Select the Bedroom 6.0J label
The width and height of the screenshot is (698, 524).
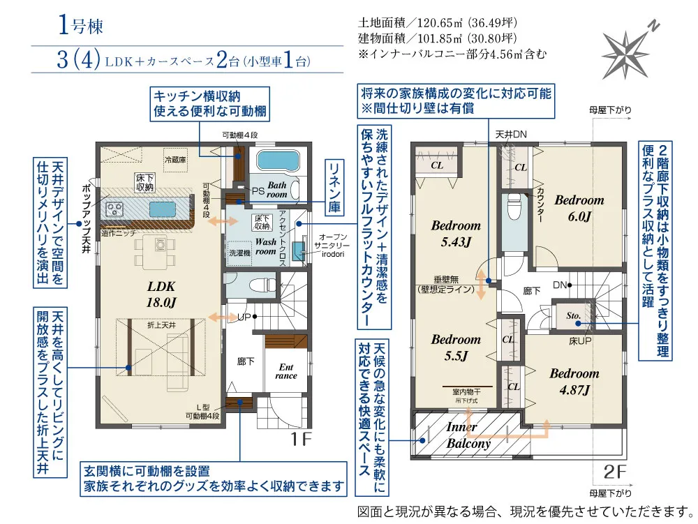pos(579,208)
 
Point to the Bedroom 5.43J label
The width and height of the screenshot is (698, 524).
pos(456,233)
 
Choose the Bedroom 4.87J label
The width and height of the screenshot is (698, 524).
pos(574,382)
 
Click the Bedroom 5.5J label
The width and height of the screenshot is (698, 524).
pos(456,347)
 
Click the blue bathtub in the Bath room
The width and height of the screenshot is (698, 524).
pos(278,160)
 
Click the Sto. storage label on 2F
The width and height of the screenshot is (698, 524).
pos(574,315)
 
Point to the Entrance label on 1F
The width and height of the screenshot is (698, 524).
pos(286,371)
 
